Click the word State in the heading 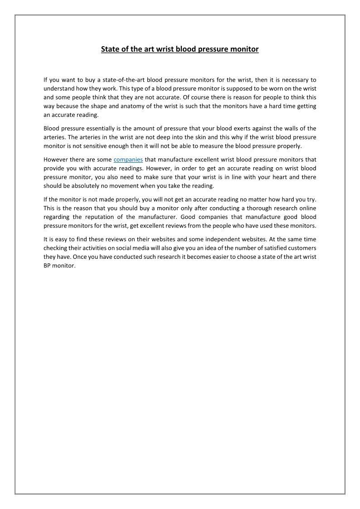109,49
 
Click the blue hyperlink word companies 128,160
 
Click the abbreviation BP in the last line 48,266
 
